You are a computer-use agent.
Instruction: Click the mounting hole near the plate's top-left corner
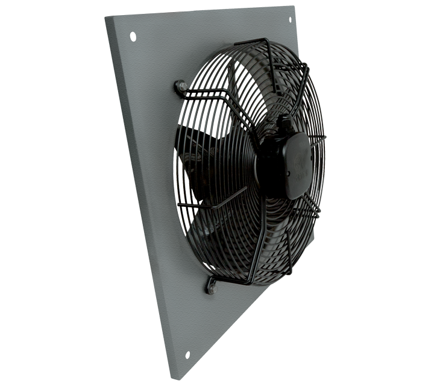[132, 37]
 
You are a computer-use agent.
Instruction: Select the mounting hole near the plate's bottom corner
[187, 355]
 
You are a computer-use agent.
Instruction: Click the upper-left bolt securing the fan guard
[181, 87]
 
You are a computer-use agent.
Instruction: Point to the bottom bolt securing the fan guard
[210, 285]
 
